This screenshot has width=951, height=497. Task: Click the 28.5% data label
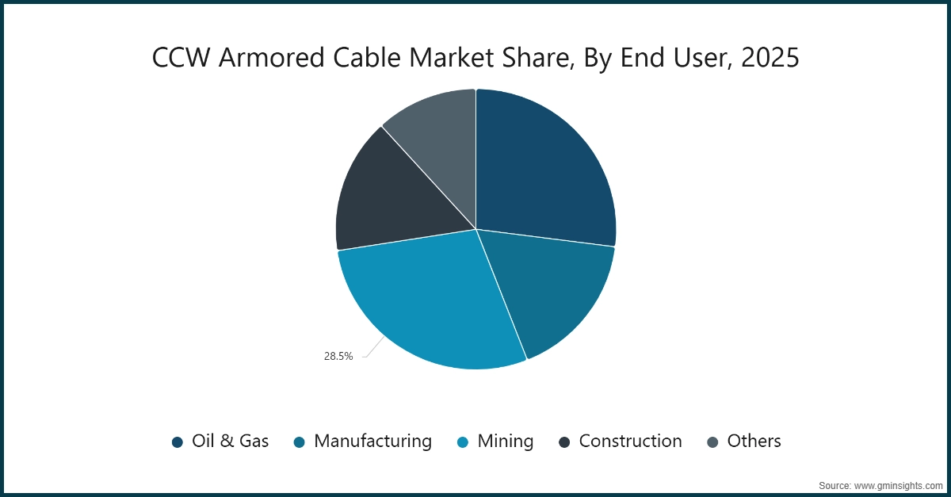pos(338,357)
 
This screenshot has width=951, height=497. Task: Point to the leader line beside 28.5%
pos(374,349)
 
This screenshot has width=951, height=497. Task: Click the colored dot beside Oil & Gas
pos(178,442)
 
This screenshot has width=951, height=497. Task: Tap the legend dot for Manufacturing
pos(300,442)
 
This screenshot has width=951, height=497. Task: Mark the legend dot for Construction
pos(564,442)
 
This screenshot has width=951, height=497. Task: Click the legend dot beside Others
pos(712,442)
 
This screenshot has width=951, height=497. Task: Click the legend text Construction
pos(630,442)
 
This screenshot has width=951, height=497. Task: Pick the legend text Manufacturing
pos(372,442)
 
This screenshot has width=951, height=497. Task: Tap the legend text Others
pos(754,442)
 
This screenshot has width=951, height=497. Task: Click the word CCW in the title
pos(181,59)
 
